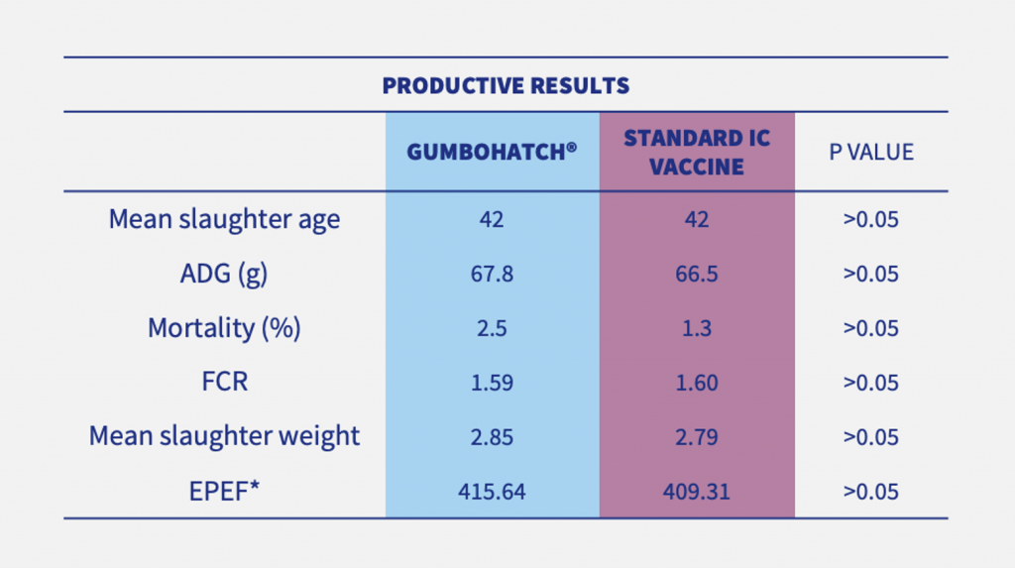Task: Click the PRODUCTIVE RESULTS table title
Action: click(506, 86)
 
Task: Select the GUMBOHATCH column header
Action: click(492, 153)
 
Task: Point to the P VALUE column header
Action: click(871, 153)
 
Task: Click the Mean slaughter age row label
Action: click(224, 219)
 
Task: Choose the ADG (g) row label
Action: click(224, 274)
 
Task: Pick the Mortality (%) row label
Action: click(224, 328)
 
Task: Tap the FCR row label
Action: click(224, 383)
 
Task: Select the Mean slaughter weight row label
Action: click(224, 436)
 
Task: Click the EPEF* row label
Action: click(224, 491)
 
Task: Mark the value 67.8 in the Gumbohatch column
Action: click(492, 275)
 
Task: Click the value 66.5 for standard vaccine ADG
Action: click(696, 275)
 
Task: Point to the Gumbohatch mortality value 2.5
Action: click(492, 329)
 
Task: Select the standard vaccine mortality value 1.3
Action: click(696, 329)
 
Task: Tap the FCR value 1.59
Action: click(492, 383)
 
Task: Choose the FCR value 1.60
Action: click(696, 383)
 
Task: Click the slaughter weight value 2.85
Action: click(492, 437)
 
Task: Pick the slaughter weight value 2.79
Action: click(696, 437)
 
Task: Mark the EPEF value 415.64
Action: click(492, 491)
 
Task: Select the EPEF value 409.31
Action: click(696, 491)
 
